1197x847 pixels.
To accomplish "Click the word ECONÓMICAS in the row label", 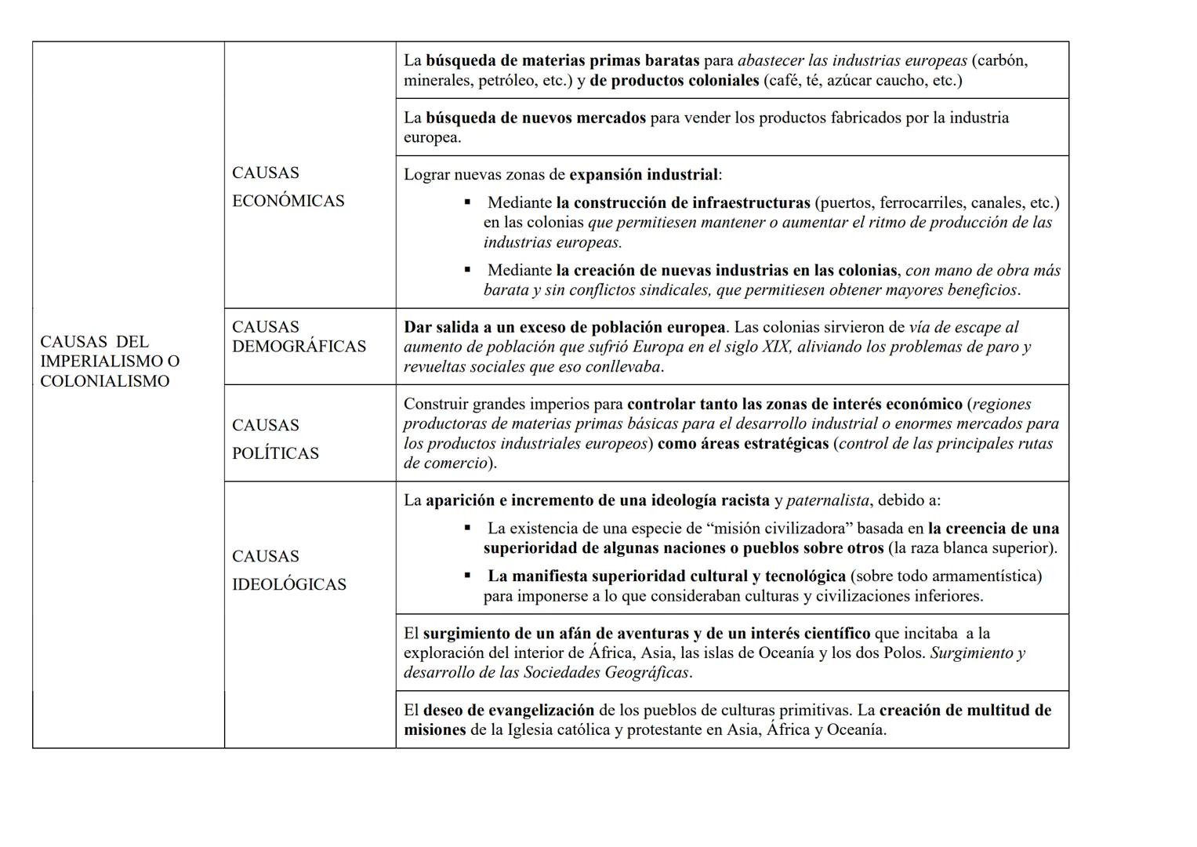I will (288, 201).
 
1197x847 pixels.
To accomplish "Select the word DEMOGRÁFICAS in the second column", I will (299, 347).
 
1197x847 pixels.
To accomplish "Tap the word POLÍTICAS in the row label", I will (275, 453).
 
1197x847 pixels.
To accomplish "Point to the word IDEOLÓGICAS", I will (288, 584).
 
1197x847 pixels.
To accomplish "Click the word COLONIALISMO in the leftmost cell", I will (104, 381).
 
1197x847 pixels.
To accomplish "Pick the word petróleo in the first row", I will (508, 80).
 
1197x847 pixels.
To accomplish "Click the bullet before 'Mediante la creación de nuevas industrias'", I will (468, 270).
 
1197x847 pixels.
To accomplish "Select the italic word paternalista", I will (827, 500).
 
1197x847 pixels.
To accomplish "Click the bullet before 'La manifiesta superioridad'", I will (468, 576).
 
